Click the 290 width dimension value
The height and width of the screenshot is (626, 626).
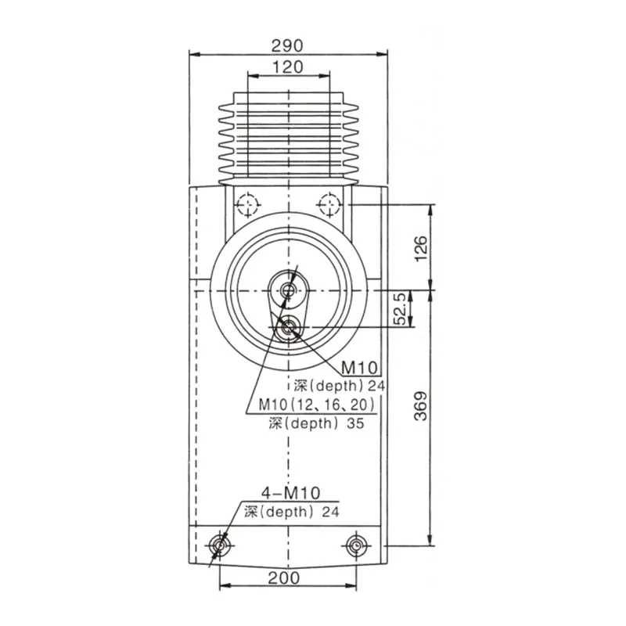pyautogui.click(x=287, y=45)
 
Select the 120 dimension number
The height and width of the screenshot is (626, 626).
pyautogui.click(x=287, y=67)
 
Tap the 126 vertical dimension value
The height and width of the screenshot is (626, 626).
pyautogui.click(x=421, y=248)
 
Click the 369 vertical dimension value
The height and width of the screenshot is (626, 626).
pyautogui.click(x=421, y=406)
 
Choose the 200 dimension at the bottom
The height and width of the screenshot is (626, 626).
pyautogui.click(x=284, y=577)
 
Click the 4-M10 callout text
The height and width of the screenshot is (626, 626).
pyautogui.click(x=290, y=493)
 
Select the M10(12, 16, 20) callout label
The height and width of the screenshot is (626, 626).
pyautogui.click(x=317, y=405)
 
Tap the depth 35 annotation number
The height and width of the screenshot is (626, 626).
pyautogui.click(x=355, y=423)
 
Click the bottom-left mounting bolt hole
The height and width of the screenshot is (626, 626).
pyautogui.click(x=220, y=545)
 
